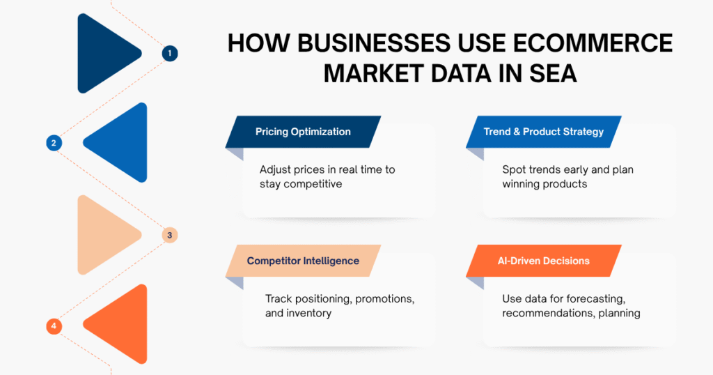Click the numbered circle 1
click(x=169, y=53)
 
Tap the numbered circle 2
click(x=53, y=143)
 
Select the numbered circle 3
click(x=169, y=235)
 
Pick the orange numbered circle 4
click(x=53, y=326)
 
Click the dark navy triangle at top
click(x=104, y=53)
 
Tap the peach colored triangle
click(x=104, y=234)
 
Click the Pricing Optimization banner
click(x=303, y=132)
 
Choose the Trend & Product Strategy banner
click(x=544, y=132)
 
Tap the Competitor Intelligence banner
click(x=303, y=261)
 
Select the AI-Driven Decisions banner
click(x=544, y=261)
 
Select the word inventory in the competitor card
click(x=308, y=313)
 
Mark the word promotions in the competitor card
click(x=385, y=299)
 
